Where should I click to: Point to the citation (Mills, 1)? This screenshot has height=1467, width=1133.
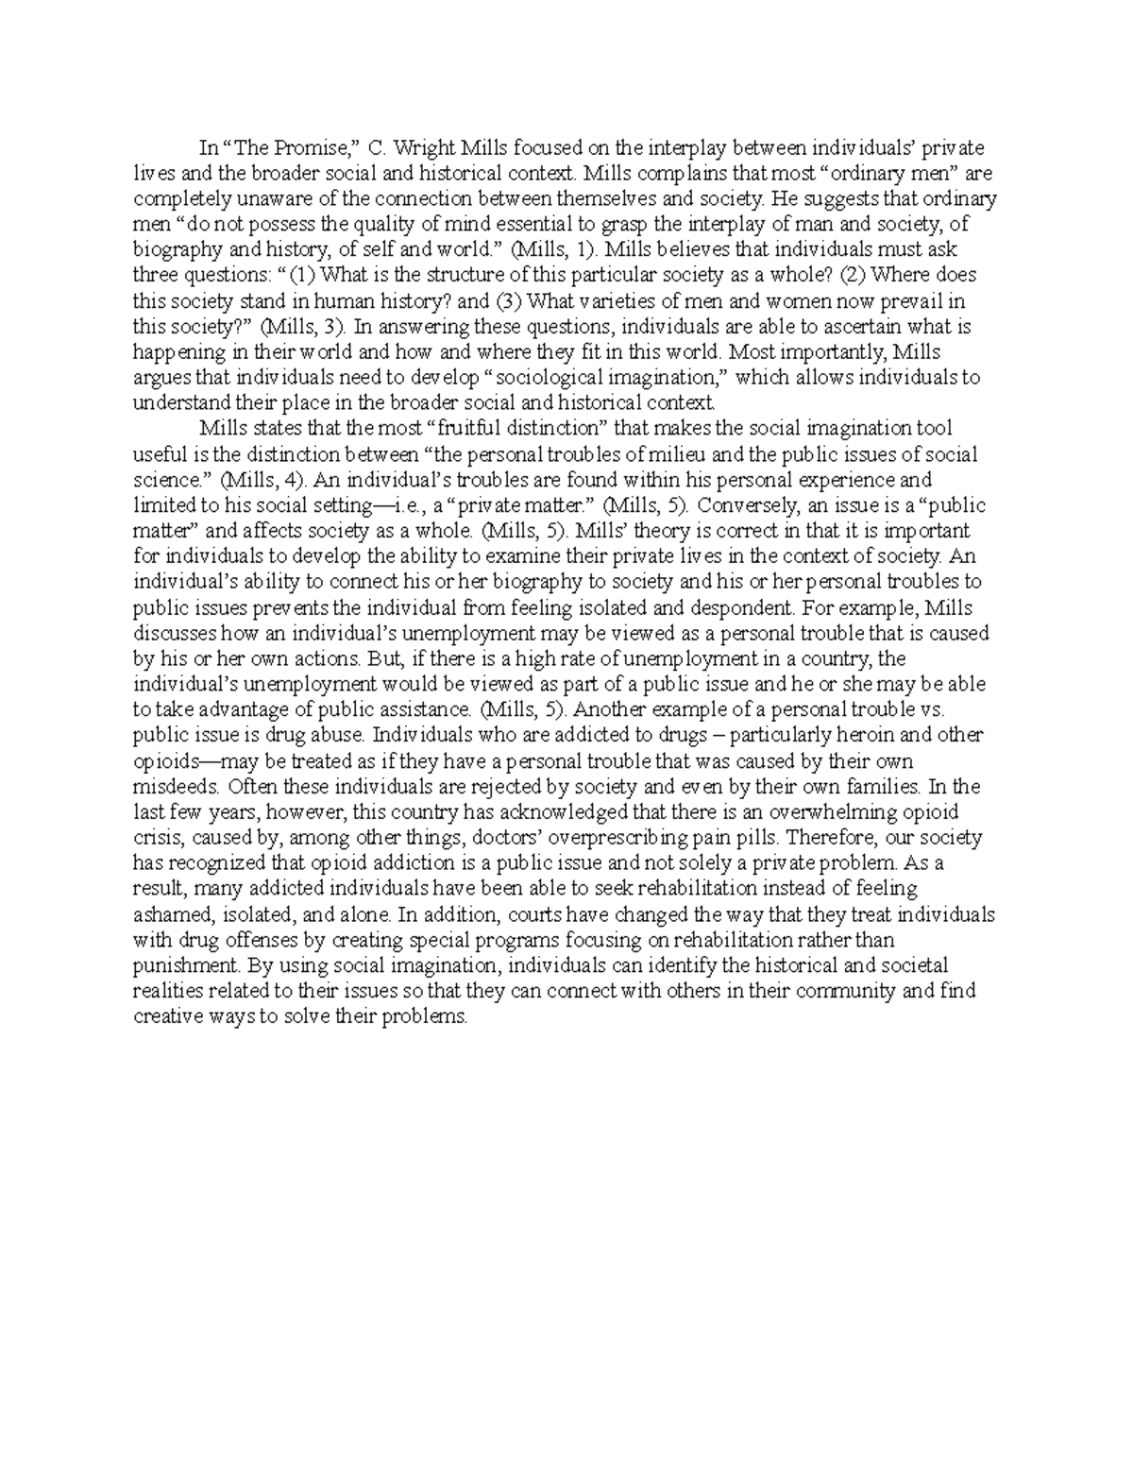coord(557,250)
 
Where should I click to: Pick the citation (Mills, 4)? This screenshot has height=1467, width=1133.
coord(260,480)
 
